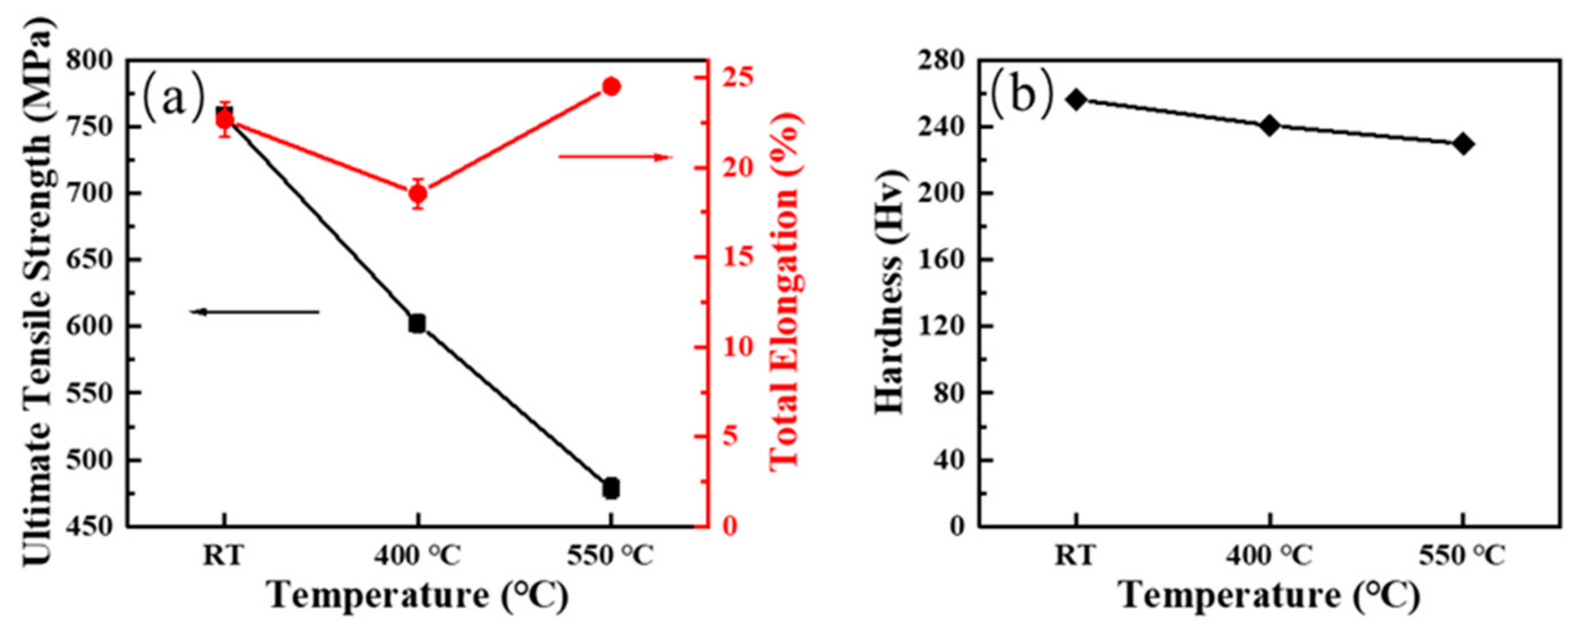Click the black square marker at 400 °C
pyautogui.click(x=417, y=324)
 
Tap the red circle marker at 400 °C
pyautogui.click(x=418, y=194)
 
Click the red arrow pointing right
pyautogui.click(x=615, y=158)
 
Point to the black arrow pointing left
pyautogui.click(x=255, y=312)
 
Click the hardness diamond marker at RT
pyautogui.click(x=1076, y=100)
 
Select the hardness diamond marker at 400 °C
pyautogui.click(x=1270, y=125)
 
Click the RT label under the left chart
pyautogui.click(x=224, y=556)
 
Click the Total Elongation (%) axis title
pyautogui.click(x=786, y=292)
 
